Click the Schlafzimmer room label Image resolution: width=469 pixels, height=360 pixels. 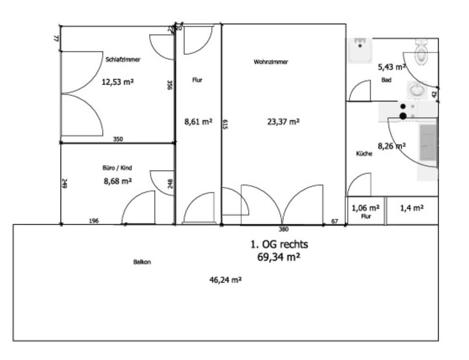[x=123, y=60]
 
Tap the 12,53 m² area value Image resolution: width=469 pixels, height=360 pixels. [x=117, y=82]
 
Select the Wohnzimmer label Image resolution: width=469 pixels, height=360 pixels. [x=271, y=62]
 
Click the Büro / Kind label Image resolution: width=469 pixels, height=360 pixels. [x=117, y=168]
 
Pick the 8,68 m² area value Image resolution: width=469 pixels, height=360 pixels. [x=117, y=181]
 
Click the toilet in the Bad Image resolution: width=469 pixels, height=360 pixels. [x=421, y=53]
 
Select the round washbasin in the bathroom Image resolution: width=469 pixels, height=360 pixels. [x=417, y=90]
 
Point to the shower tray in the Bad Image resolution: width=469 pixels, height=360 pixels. [x=360, y=50]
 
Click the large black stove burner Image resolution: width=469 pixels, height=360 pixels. [x=403, y=116]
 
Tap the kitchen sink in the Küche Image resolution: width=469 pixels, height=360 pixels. [x=428, y=143]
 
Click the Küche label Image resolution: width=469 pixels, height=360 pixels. [x=364, y=153]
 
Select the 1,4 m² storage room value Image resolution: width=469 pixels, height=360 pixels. [x=411, y=208]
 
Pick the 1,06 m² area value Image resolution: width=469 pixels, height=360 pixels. [x=366, y=207]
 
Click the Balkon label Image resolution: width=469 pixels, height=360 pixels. [x=142, y=262]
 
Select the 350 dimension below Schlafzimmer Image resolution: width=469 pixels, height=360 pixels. [x=118, y=139]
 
